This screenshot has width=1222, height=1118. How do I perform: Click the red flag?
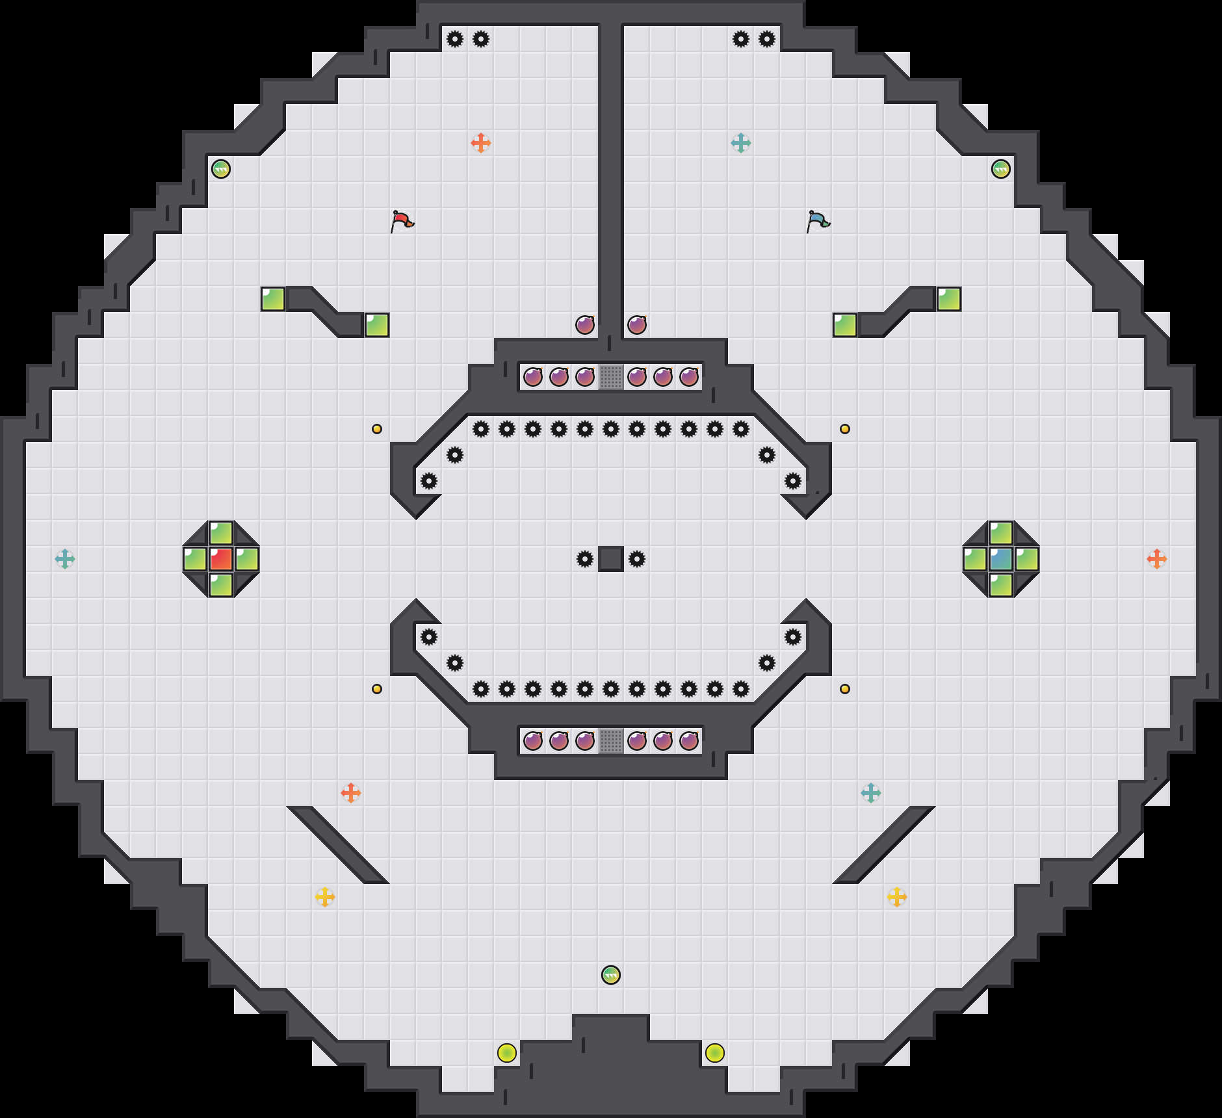402,220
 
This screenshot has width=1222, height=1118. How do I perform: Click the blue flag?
818,220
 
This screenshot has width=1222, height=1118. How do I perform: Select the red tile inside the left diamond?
221,559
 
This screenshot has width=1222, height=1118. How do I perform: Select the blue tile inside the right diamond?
1001,559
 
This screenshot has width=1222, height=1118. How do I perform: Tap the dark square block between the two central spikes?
611,559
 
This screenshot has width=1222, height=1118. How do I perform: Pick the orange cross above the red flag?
481,143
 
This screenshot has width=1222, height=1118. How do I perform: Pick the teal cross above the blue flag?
741,143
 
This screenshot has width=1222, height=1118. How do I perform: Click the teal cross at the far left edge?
65,559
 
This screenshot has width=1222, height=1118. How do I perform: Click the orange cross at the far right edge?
1157,559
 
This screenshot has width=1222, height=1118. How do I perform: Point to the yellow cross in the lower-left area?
325,897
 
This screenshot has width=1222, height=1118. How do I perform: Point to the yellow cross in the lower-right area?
897,897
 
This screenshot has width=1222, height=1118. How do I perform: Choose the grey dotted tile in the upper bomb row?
611,377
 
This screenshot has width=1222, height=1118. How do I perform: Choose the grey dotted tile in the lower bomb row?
611,741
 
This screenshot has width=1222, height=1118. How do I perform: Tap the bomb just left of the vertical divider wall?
585,325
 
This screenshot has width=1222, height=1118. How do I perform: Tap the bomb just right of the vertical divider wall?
637,325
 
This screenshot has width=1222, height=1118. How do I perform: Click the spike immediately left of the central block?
585,559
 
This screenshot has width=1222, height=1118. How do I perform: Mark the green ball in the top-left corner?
221,169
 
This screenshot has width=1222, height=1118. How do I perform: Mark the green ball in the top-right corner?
1001,169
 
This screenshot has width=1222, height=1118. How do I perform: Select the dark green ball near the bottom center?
611,975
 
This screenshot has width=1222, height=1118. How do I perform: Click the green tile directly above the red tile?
221,533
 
